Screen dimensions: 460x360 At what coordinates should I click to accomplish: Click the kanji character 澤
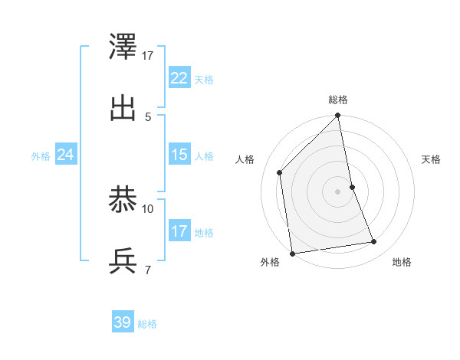(x=123, y=51)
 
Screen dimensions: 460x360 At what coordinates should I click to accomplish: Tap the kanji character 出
(x=123, y=109)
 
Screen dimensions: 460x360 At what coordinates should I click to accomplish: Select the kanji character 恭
(x=123, y=202)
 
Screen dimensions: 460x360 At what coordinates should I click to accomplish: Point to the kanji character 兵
(x=123, y=261)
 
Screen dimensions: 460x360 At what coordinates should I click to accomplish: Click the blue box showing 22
(x=179, y=78)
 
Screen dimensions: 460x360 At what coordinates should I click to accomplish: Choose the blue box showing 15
(x=179, y=155)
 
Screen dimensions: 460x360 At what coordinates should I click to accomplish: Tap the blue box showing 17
(x=179, y=231)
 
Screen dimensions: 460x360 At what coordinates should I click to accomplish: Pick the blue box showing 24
(x=65, y=155)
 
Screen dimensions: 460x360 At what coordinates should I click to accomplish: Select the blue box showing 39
(x=122, y=322)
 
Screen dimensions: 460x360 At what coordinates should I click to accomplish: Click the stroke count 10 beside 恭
(x=148, y=208)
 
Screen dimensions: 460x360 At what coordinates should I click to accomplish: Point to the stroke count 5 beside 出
(x=148, y=116)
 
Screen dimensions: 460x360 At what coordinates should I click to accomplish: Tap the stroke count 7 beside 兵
(x=148, y=269)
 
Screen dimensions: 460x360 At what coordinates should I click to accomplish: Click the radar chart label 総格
(x=338, y=100)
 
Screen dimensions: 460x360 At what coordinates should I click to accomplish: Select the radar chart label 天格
(x=431, y=159)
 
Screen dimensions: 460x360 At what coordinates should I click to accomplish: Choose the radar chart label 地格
(x=402, y=262)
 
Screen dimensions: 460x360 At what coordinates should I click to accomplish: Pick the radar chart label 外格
(x=270, y=262)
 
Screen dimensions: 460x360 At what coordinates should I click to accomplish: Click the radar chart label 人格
(x=245, y=159)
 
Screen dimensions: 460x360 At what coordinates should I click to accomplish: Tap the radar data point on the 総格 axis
(x=338, y=116)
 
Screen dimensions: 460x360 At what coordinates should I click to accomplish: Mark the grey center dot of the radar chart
(x=338, y=191)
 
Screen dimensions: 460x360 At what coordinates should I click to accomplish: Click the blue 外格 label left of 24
(x=41, y=155)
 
